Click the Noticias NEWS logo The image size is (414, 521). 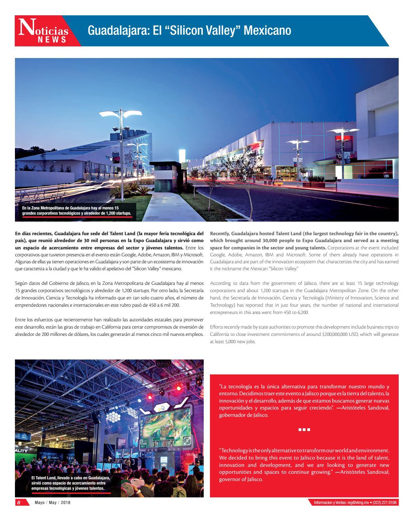tap(44, 32)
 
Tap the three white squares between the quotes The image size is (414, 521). tap(304, 430)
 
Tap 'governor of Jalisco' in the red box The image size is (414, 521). tap(241, 479)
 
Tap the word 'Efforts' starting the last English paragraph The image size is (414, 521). tap(216, 327)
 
